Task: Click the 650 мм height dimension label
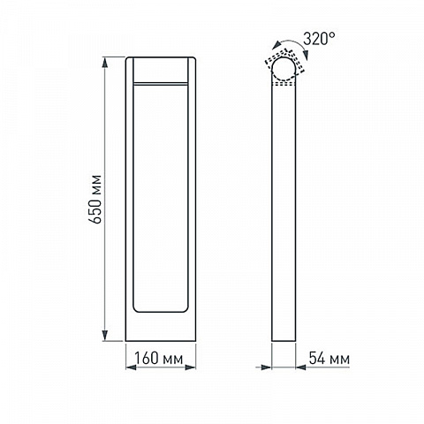pyautogui.click(x=95, y=200)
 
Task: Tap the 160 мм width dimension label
pyautogui.click(x=159, y=359)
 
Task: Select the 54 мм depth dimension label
pyautogui.click(x=329, y=359)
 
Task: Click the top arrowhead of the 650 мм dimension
pyautogui.click(x=105, y=63)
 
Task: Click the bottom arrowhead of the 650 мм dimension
pyautogui.click(x=105, y=336)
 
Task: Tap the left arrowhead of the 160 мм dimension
pyautogui.click(x=131, y=367)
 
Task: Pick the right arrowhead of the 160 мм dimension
pyautogui.click(x=191, y=367)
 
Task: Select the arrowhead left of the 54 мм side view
pyautogui.click(x=266, y=367)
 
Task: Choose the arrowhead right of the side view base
pyautogui.click(x=301, y=367)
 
